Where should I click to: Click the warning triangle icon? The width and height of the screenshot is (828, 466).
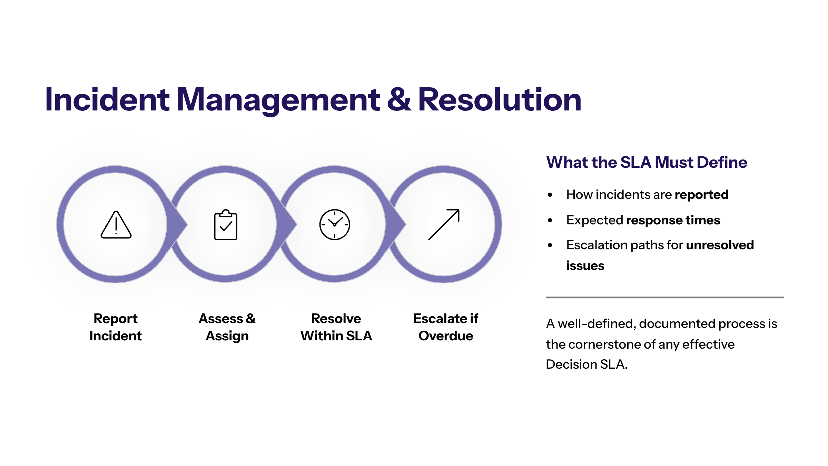[x=116, y=225]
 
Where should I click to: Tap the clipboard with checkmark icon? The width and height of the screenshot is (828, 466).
[x=226, y=224]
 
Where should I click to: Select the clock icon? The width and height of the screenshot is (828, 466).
[x=335, y=224]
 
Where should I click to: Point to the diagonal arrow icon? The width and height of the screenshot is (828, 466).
[x=444, y=224]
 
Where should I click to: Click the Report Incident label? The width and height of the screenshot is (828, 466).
[x=116, y=327]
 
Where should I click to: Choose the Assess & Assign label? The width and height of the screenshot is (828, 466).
[x=227, y=327]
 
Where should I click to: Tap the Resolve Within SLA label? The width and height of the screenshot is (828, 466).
[x=336, y=327]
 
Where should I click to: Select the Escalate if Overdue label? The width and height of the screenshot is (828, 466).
[x=446, y=327]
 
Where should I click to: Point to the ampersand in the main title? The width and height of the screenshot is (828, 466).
[x=399, y=99]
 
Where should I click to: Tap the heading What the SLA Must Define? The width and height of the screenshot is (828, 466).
[x=647, y=162]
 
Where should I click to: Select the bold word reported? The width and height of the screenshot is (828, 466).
[x=702, y=195]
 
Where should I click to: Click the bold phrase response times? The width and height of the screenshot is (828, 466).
[x=673, y=220]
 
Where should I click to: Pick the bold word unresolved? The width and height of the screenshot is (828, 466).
[x=720, y=245]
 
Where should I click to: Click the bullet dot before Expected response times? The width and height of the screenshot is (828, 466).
[x=550, y=220]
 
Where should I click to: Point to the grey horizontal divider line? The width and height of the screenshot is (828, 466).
[x=665, y=297]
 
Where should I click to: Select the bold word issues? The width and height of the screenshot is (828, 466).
[x=585, y=266]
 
